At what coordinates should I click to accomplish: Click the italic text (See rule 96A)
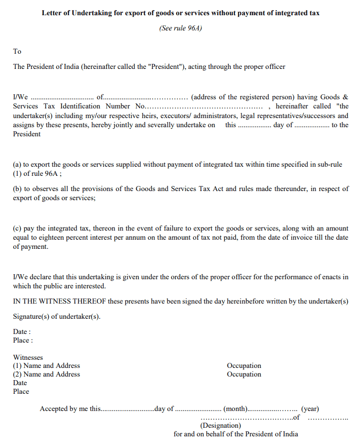pos(180,28)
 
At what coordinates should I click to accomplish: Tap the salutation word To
pos(17,51)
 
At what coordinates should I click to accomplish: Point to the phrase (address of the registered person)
pos(243,97)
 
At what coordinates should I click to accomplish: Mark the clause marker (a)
pos(17,164)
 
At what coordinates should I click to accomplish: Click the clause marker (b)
pos(17,189)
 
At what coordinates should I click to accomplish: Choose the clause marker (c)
pos(17,229)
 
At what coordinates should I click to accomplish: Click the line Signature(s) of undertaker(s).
pos(57,316)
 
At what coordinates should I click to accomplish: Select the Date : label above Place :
pos(22,331)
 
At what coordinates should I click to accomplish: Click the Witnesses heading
pos(28,357)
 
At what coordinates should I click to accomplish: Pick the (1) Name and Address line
pos(47,365)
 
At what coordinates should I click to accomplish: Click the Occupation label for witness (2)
pos(244,375)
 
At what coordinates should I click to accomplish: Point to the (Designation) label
pos(220,426)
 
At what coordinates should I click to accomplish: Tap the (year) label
pos(310,409)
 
